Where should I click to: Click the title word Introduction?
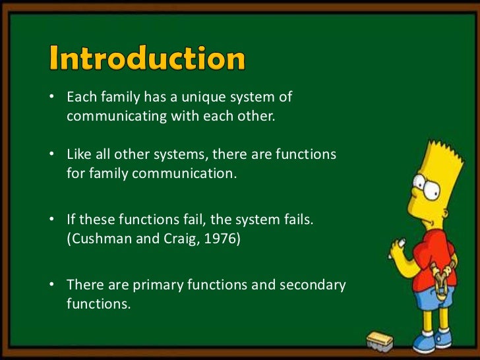pos(147,60)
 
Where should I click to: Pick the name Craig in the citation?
pos(173,239)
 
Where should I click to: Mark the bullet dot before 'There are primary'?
pos(51,285)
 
